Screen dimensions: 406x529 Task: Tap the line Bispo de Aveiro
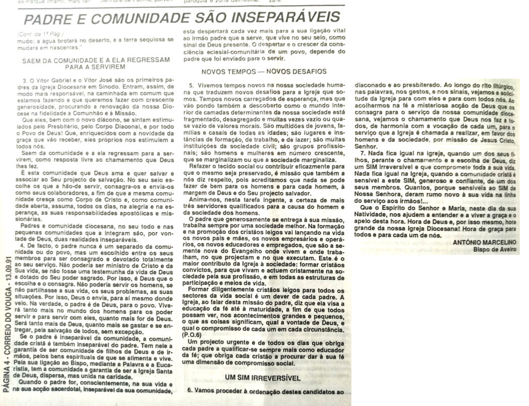pos(494,251)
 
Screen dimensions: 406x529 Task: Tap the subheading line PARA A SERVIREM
pos(97,67)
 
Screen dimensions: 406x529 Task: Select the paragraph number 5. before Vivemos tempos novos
pos(191,84)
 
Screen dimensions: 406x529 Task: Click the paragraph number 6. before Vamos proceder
pos(190,392)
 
